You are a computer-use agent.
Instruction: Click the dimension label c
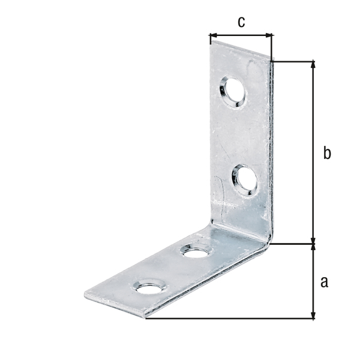241,22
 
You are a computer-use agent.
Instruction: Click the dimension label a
324,282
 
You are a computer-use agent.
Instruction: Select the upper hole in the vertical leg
232,92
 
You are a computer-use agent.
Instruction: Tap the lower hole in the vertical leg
245,180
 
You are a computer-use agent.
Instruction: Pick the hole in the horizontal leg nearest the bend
196,250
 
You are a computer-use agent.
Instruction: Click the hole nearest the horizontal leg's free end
150,286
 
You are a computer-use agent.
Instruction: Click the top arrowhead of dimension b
313,65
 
